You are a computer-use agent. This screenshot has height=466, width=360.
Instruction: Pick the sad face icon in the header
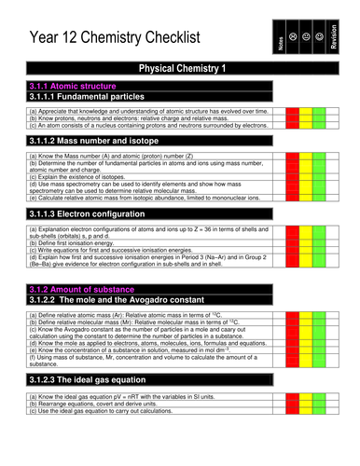pos(296,36)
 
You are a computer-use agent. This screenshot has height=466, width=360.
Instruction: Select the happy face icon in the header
pos(328,36)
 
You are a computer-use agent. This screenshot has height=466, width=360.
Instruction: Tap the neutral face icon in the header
pos(312,36)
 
